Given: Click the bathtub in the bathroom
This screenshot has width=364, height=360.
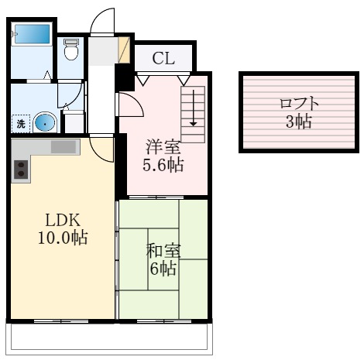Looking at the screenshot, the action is pos(33,34).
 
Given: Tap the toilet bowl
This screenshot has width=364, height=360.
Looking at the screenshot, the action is pos(71,53).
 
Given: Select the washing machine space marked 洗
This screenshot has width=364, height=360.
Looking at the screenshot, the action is pos(21,124).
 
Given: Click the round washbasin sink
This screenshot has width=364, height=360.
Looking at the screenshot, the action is pos(45,123).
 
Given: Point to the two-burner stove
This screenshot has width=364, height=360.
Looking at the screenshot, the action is pos(21,170).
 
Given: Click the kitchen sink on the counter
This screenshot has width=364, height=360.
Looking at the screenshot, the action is pos(64,146).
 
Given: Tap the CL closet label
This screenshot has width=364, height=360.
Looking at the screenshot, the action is pos(163,58).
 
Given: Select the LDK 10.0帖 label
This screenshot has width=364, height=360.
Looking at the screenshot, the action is pos(63,228).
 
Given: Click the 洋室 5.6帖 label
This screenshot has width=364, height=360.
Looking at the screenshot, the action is pos(163,156).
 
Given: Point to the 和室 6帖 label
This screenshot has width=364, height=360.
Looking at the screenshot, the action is pos(163,259).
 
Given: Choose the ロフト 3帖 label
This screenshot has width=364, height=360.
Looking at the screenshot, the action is pos(299,112).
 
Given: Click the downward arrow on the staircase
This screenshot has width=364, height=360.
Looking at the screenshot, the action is pos(193,108).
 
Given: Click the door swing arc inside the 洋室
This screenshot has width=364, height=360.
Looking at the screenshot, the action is pos(137,101).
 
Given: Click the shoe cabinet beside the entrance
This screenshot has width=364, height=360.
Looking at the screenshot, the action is pos(124,50).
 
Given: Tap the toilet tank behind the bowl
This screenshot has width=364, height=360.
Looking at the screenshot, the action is pos(71,42).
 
